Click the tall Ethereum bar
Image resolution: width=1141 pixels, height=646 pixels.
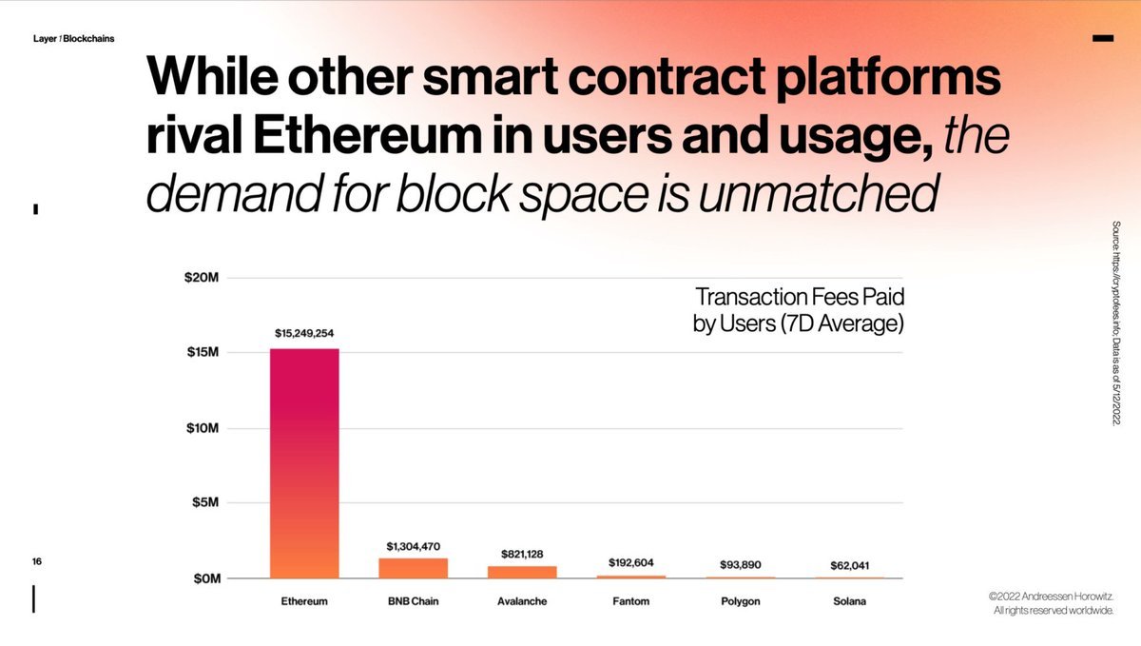coord(304,463)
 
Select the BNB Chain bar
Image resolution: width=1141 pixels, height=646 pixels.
coord(413,568)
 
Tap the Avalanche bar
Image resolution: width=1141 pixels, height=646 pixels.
coord(522,572)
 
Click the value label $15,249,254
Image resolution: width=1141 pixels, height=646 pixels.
coord(304,334)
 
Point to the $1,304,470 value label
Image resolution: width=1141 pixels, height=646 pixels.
coord(413,546)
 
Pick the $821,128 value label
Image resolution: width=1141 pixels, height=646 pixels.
coord(522,554)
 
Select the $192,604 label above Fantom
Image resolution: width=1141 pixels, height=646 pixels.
coord(631,563)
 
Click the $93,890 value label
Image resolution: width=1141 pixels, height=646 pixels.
coord(740,565)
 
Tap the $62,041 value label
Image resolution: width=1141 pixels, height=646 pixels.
coord(849,565)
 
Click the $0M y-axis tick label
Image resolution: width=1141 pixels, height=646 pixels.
coord(204,577)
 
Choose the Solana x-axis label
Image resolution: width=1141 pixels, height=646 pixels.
coord(849,602)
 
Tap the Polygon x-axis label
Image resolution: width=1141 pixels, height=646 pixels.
coord(740,602)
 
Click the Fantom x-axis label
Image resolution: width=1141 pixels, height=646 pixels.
coord(631,602)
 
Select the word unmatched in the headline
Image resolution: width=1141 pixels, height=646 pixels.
coord(825,193)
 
